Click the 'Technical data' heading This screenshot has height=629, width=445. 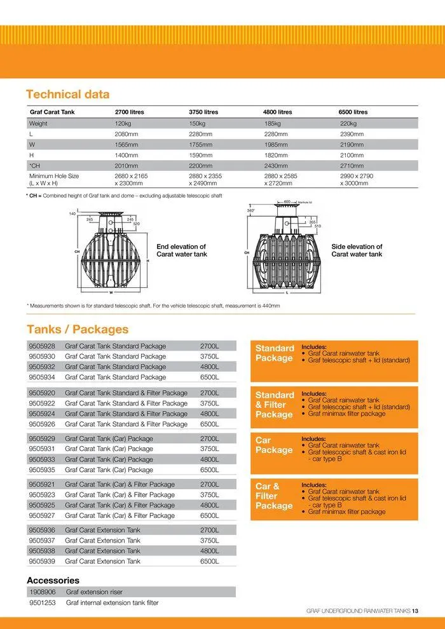point(67,94)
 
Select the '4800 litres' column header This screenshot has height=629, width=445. point(277,112)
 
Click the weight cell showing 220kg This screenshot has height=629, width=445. point(348,123)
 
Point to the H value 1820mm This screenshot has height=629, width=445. point(277,155)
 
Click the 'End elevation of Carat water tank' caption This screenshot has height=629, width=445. point(181,250)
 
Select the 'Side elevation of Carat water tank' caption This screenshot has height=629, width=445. point(357,250)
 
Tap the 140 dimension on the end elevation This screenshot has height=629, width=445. point(72,213)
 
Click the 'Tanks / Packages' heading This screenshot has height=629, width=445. point(77,329)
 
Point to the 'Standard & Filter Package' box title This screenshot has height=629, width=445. point(275,405)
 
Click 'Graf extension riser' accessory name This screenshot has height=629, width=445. point(95,592)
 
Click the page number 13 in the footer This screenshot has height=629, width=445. point(414,611)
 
